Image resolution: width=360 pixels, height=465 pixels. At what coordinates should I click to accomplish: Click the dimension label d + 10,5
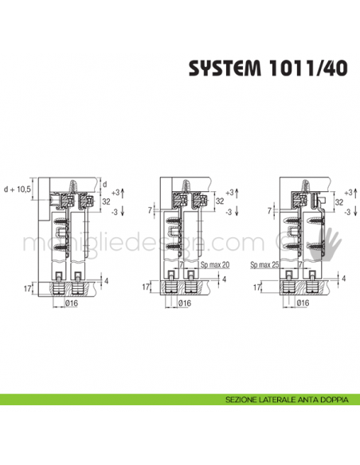pos(18,190)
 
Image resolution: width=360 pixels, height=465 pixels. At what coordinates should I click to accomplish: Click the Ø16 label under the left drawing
pos(69,303)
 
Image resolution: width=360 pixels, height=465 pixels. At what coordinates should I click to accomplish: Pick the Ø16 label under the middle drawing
pos(185,303)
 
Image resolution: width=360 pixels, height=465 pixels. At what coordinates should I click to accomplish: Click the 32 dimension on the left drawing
pos(106,202)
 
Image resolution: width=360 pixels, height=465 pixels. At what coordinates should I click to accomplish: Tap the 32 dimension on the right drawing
pos(339,202)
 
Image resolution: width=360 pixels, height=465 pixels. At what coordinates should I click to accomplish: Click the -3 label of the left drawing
pos(115,212)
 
